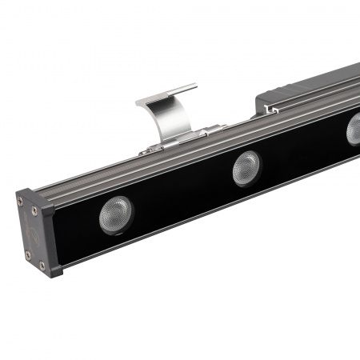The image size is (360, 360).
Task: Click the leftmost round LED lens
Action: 116,215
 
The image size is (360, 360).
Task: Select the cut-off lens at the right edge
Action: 354,130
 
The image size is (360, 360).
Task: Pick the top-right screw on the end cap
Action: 34,210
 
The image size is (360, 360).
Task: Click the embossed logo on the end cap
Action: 30,233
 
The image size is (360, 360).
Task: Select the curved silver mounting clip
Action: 169,112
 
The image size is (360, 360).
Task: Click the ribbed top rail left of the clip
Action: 88,178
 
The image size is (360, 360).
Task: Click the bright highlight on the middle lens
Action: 242,165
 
